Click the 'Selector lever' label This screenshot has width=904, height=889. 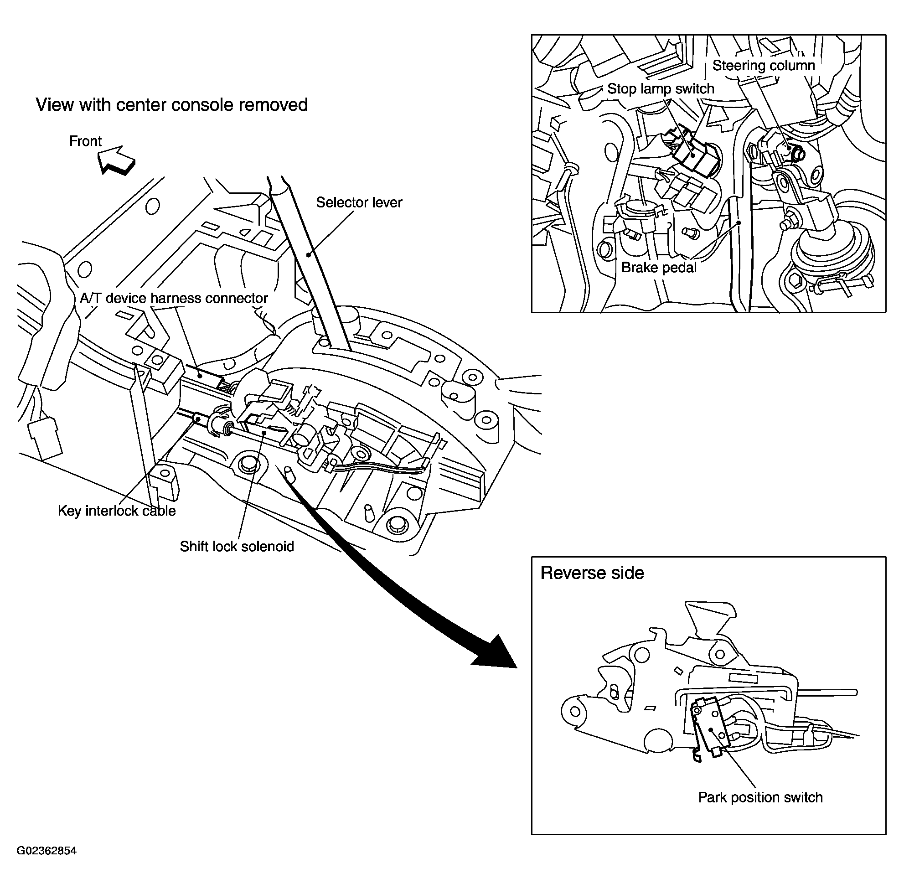coord(359,202)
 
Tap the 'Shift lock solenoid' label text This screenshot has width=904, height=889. coord(237,546)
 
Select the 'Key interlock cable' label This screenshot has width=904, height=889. coord(117,511)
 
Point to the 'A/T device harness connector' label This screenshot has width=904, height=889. coord(174,298)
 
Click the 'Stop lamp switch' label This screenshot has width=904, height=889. coord(660,89)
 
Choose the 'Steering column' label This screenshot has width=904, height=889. coord(764,65)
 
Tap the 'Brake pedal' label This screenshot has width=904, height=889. coord(658,268)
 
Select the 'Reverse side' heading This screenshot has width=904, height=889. coord(592,574)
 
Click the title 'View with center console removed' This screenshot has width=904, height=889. coord(172,105)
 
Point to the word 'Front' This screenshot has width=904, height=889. coord(85,141)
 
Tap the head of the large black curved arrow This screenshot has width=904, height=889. coord(495,653)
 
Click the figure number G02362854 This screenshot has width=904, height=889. coord(46,851)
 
